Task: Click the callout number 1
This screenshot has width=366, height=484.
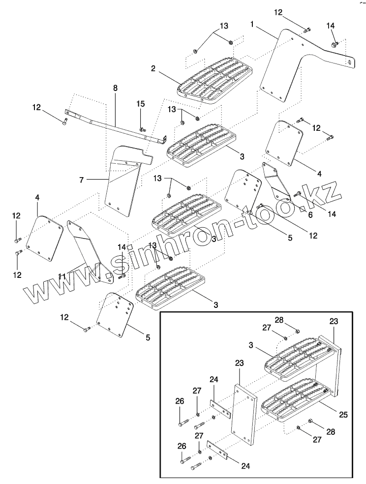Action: pos(252,23)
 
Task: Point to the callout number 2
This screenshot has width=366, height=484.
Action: pos(153,69)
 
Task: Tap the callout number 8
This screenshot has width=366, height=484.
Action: pos(115,89)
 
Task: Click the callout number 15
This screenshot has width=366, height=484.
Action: pos(141,104)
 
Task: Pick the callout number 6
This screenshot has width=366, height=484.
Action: pos(310,215)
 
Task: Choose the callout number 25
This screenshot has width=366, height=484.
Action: pos(343,415)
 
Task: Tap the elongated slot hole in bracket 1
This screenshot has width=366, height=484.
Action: pos(348,62)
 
